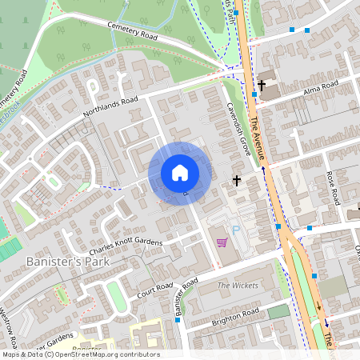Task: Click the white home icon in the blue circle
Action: coord(180,173)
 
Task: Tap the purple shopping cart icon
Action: coord(222,242)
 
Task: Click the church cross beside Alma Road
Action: coord(262,84)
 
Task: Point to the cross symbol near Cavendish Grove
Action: coord(237,180)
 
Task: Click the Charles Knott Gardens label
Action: coord(126,242)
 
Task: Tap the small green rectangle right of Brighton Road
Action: coord(278,311)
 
